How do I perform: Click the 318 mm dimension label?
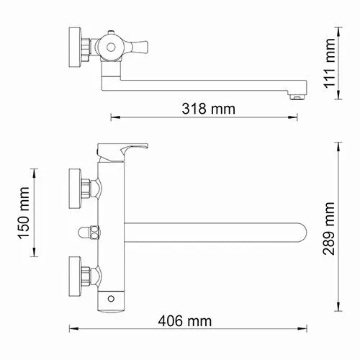point(208,109)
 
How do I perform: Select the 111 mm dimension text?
point(329,63)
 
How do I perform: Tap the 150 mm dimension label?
point(24,213)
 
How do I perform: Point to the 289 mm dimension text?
point(329,228)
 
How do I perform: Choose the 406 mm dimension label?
point(185,321)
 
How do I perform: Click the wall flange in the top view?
point(75,48)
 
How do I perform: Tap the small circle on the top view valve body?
point(111,48)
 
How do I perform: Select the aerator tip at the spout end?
point(297,97)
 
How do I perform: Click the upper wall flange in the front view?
point(75,189)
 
